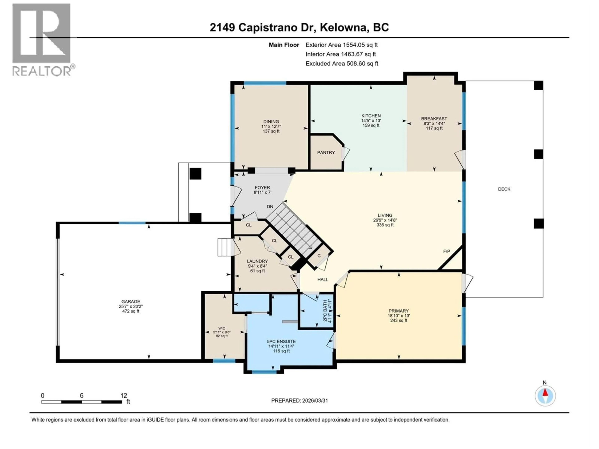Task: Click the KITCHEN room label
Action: (x=371, y=116)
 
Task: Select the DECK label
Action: (x=504, y=189)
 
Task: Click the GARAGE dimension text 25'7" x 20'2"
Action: (x=131, y=306)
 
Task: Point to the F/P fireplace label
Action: (x=447, y=251)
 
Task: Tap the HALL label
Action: (x=323, y=280)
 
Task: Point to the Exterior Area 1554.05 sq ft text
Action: (x=341, y=45)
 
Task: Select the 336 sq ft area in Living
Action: (x=385, y=225)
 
